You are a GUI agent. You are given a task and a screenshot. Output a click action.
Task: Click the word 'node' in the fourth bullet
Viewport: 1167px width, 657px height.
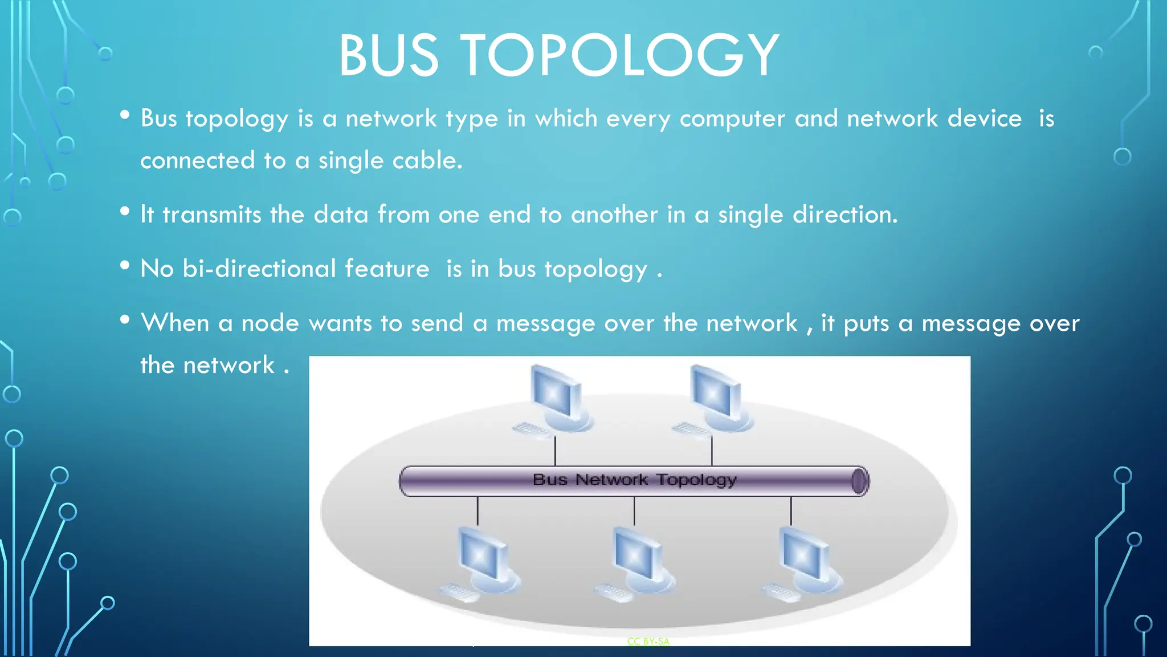[x=270, y=323]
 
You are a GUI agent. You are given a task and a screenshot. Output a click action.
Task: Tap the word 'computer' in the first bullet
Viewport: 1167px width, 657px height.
[x=732, y=119]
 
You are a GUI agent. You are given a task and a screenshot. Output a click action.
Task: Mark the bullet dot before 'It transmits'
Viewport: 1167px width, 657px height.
[x=125, y=211]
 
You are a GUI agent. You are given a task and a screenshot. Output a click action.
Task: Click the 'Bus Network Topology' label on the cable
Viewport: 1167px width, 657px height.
[x=634, y=480]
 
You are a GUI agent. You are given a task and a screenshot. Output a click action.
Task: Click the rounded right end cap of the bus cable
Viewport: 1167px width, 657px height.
[x=860, y=481]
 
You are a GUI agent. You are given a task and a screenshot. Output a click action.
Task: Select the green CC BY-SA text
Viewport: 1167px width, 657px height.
[x=648, y=642]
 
